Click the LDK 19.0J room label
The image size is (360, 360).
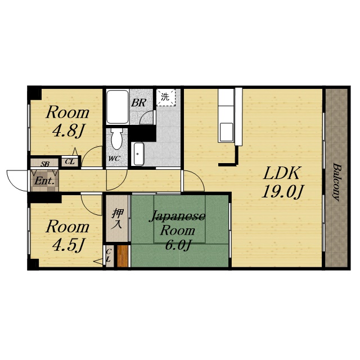coord(282,182)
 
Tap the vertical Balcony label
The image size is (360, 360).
coord(336,182)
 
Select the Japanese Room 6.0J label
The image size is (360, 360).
coord(177,231)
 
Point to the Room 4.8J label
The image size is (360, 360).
coord(67,121)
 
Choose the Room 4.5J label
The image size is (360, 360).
coord(67,236)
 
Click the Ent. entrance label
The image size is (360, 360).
coord(44,181)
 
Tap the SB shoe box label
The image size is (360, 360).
coord(45,164)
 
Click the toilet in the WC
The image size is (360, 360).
coord(116,138)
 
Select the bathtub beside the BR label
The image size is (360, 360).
coord(118,107)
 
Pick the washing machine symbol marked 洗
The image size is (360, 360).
coord(166,97)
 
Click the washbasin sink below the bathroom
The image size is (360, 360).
coord(139,154)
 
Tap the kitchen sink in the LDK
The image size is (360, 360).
coord(226,133)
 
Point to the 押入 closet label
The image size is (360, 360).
coord(117,219)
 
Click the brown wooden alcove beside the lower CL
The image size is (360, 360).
coord(123,256)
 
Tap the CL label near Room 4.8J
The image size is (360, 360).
coord(70,161)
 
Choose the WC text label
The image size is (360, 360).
coord(114,159)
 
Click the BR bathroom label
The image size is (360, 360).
coord(138,103)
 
